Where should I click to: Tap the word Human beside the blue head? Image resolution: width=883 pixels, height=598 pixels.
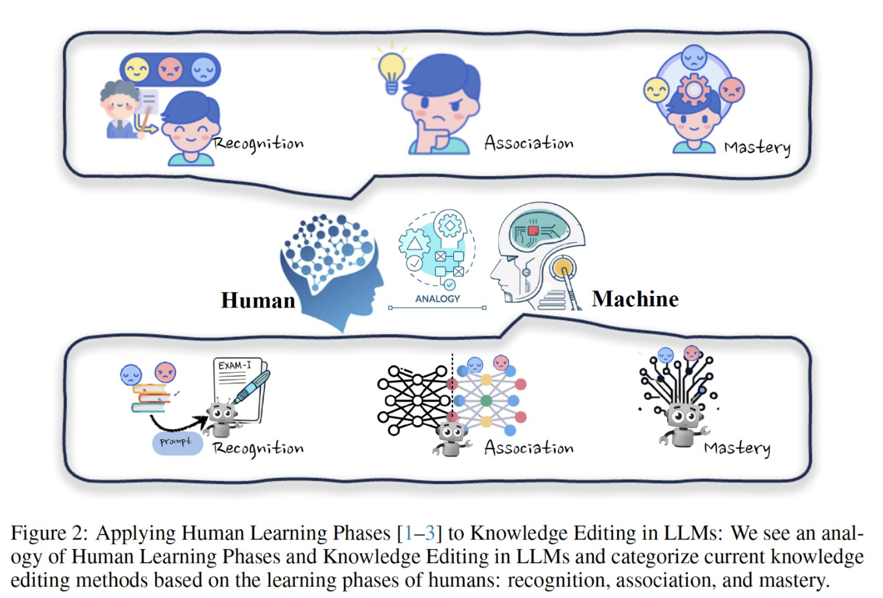point(258,300)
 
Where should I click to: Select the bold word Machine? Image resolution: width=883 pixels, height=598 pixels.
point(635,299)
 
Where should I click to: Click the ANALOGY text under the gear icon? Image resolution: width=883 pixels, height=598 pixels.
point(437,299)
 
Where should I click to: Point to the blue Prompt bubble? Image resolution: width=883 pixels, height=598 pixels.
point(177,442)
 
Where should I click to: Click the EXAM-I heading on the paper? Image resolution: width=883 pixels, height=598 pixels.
point(235,366)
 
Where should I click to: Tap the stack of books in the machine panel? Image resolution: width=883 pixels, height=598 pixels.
point(150,398)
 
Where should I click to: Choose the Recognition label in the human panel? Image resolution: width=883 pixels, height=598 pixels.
point(258,144)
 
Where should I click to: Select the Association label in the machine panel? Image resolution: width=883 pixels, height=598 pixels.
point(529,448)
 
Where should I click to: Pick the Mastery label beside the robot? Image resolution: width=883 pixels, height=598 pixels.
point(737,448)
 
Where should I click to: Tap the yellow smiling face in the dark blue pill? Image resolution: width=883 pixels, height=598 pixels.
point(137,70)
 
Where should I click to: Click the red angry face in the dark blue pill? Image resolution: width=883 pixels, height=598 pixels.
point(170,70)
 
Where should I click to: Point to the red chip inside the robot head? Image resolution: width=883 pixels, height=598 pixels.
point(533,230)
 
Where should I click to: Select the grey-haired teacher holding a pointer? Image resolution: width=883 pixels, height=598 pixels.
point(120,109)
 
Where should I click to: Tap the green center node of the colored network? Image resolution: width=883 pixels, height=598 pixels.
point(486,401)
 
